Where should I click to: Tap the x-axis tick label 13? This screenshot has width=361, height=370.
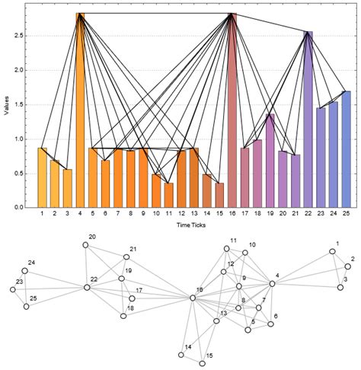coord(193,215)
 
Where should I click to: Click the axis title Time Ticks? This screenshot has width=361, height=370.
coord(193,226)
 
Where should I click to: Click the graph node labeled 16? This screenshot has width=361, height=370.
coord(193,298)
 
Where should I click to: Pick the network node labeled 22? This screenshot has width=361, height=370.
coord(87,288)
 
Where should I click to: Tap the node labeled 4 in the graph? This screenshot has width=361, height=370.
coord(270,283)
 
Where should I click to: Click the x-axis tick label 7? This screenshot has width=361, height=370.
coord(118,215)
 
